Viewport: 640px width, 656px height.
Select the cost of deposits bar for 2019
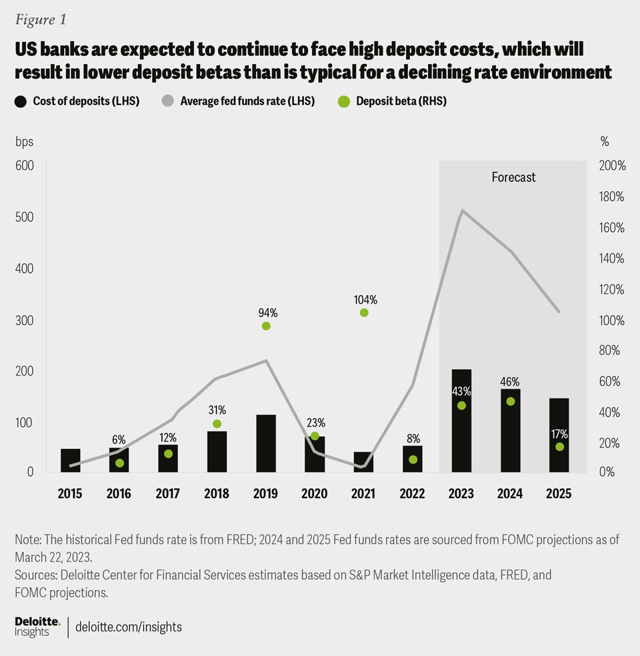tap(266, 444)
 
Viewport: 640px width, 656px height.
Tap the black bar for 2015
tap(70, 461)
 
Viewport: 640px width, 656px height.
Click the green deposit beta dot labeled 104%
tap(364, 312)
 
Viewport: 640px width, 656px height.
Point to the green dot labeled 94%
tap(266, 326)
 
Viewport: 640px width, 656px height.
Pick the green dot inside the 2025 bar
tap(559, 447)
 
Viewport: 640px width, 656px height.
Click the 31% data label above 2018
tap(217, 410)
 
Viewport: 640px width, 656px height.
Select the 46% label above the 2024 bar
tap(510, 382)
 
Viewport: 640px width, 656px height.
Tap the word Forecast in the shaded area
tap(513, 177)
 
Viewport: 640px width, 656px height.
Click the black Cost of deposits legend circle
tap(20, 101)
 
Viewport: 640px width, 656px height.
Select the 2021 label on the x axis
tap(363, 493)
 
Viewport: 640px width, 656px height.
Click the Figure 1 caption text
tap(41, 19)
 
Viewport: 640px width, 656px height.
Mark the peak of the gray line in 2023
tap(461, 211)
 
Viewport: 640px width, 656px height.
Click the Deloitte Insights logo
tap(37, 627)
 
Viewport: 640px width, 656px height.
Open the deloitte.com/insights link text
tap(129, 627)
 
